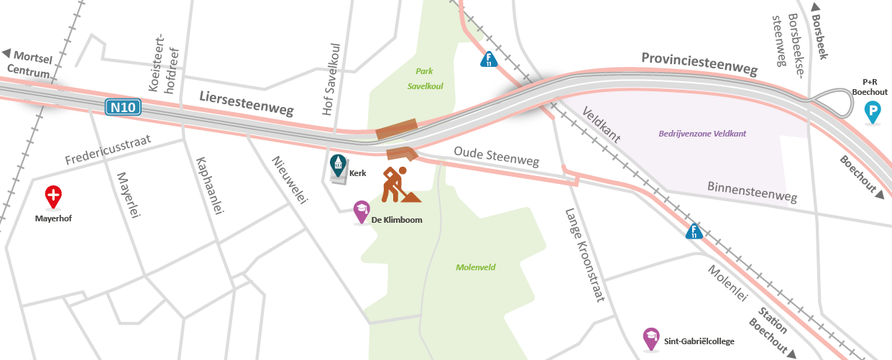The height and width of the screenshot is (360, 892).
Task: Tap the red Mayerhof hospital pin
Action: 53,195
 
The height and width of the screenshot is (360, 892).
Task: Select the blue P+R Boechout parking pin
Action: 873,112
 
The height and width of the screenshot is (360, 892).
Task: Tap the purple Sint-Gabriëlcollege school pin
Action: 651,339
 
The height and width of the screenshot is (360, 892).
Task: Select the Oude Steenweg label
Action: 496,158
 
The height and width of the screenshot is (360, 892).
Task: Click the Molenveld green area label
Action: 476,267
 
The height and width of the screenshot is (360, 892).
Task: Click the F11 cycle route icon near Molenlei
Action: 694,231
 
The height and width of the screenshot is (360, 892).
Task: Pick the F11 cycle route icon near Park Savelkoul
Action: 489,59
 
